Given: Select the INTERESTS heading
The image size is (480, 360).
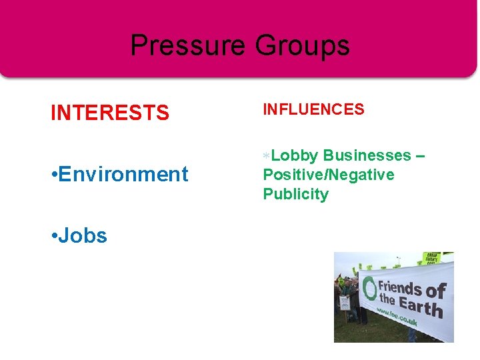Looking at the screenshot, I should tap(110, 113).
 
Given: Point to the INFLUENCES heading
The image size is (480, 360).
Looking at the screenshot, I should tap(313, 109).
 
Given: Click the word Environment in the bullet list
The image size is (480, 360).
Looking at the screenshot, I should tap(123, 175).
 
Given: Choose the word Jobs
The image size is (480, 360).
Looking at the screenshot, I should tap(83, 235).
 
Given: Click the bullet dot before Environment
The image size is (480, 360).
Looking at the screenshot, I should tap(53, 175).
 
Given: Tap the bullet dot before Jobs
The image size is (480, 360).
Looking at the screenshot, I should tap(53, 236).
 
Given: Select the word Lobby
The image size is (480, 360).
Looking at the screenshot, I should tap(295, 155).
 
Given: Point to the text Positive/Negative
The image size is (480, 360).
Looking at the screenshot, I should tap(329, 175).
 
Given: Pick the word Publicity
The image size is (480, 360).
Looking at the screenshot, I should tap(295, 194).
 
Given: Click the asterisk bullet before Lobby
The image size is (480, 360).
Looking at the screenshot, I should tap(266, 155).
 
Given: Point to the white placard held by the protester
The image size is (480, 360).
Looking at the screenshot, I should tap(345, 303).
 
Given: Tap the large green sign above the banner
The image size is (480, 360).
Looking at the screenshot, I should tap(431, 257).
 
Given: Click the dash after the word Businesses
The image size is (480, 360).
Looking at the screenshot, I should tap(419, 155).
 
